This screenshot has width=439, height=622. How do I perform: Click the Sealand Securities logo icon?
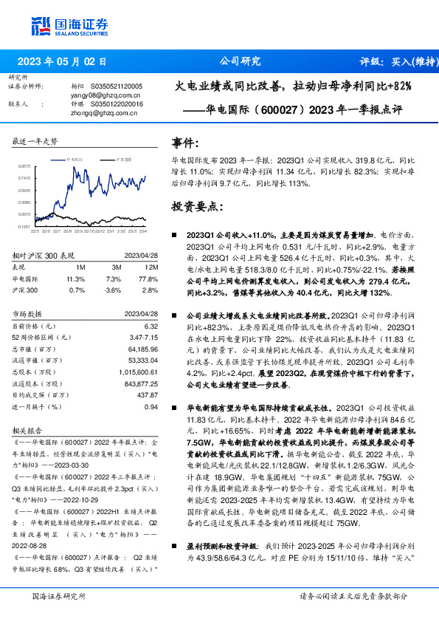point(41,27)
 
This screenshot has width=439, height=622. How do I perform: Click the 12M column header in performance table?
point(152,267)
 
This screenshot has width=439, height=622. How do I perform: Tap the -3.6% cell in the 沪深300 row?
point(113,291)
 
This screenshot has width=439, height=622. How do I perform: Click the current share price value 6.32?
point(151,326)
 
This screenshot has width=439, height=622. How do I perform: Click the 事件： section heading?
point(185,143)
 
